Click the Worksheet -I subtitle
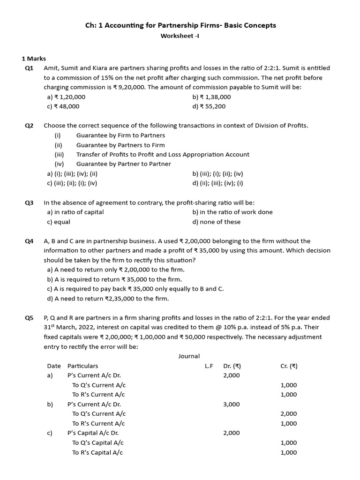[180, 36]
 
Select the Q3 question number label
[29, 202]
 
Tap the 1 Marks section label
[34, 59]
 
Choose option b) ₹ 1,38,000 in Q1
[211, 97]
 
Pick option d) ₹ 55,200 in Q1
[209, 106]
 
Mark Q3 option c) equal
[59, 222]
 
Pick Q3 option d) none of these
[216, 222]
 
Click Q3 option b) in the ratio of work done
[232, 212]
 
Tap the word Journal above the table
[189, 356]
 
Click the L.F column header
[209, 366]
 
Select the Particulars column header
[83, 366]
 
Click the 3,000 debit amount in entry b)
[232, 405]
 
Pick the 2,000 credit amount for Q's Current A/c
[289, 414]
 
